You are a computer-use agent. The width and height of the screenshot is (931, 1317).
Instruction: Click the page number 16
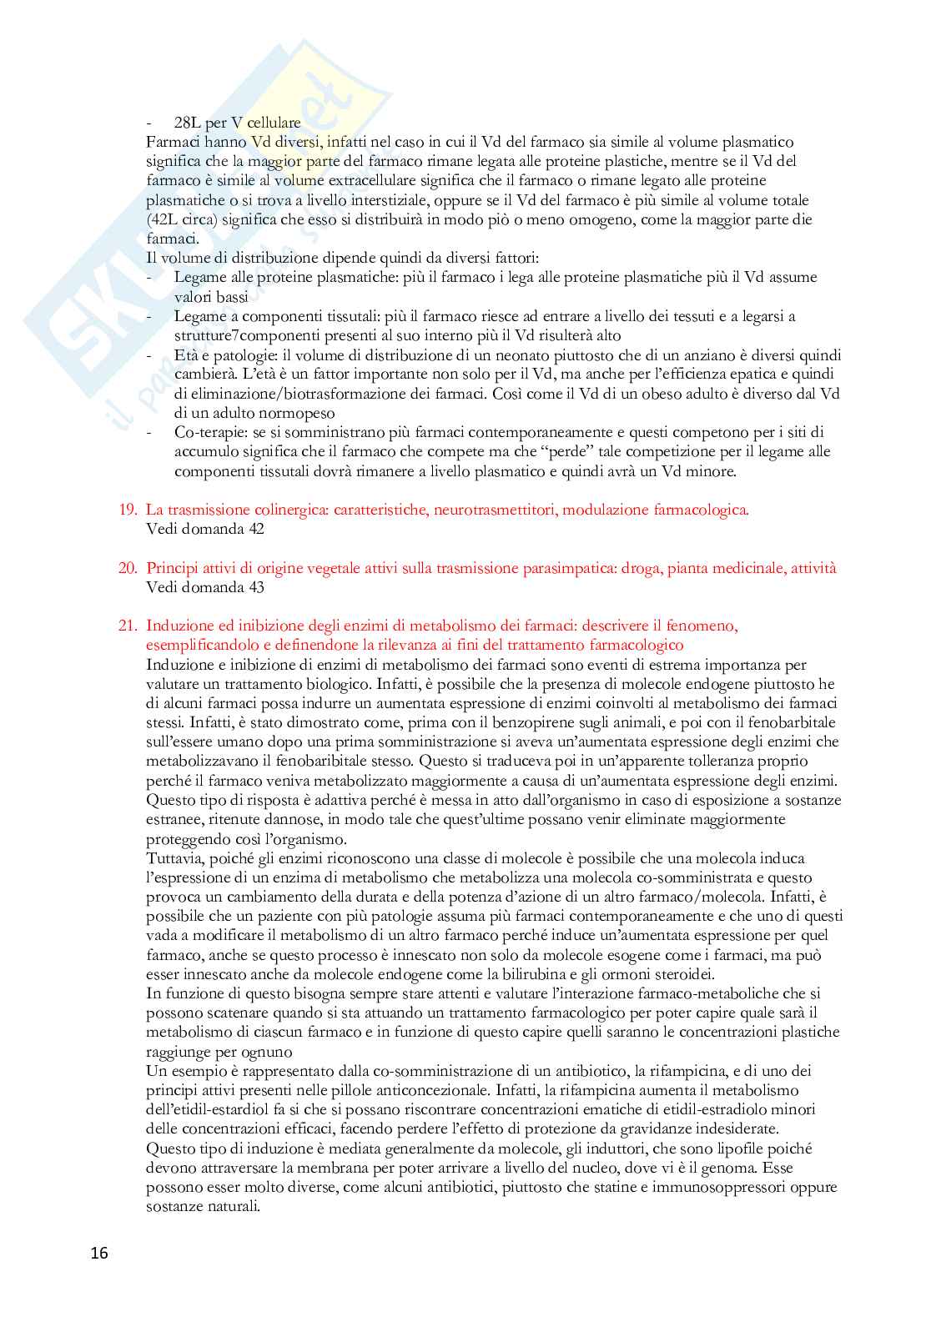pyautogui.click(x=99, y=1253)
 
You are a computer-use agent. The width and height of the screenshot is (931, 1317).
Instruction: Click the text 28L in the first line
pyautogui.click(x=189, y=123)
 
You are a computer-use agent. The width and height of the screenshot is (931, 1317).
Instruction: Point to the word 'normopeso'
pyautogui.click(x=300, y=413)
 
